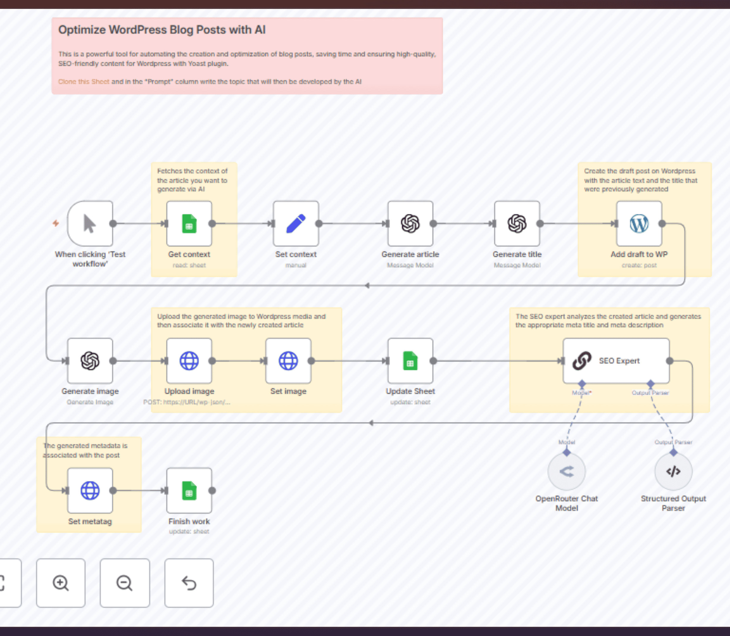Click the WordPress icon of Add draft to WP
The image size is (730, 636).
(639, 224)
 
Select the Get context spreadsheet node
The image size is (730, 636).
(189, 224)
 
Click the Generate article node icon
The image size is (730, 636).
(410, 224)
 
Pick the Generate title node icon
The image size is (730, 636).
(517, 224)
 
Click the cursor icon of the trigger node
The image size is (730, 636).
(90, 224)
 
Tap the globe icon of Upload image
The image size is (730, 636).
(189, 361)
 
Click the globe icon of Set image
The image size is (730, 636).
(288, 361)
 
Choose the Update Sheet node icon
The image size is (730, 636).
(410, 361)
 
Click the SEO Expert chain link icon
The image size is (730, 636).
(582, 361)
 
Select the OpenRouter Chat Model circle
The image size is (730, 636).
(566, 471)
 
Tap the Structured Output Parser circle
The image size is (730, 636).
(673, 471)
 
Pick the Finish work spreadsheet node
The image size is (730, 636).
(189, 490)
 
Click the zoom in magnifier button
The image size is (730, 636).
(61, 583)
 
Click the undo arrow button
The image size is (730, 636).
(189, 583)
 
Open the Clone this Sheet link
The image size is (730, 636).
(84, 82)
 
